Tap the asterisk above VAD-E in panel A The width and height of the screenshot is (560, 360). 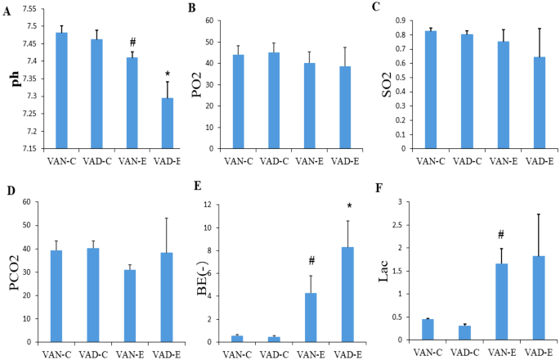pyautogui.click(x=167, y=74)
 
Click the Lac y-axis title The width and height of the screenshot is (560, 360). pyautogui.click(x=405, y=271)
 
